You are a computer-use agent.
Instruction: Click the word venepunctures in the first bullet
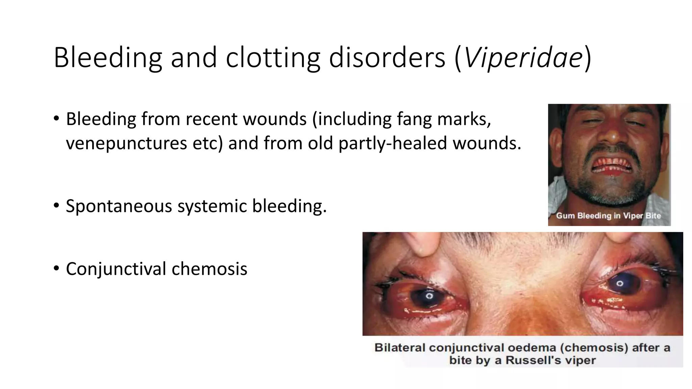(126, 143)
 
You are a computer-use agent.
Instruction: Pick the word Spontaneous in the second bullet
(119, 206)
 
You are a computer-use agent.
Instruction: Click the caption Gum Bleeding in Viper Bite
(608, 216)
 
